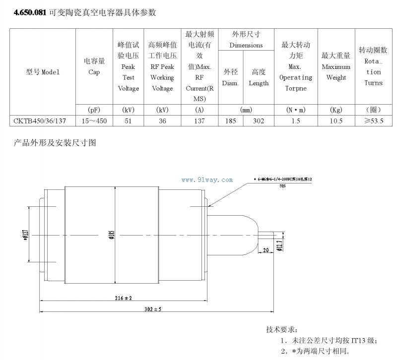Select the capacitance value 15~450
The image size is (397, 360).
click(x=94, y=120)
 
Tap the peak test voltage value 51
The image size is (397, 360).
click(x=128, y=120)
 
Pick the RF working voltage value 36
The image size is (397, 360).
click(x=162, y=120)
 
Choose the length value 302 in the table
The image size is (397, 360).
click(x=258, y=120)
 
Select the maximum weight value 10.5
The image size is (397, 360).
click(x=336, y=120)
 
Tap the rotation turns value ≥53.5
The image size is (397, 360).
click(x=373, y=120)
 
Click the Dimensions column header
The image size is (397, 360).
click(x=246, y=45)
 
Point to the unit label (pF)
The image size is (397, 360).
click(x=94, y=109)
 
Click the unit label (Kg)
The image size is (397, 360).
click(x=336, y=109)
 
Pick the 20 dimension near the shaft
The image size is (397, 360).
click(x=265, y=250)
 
